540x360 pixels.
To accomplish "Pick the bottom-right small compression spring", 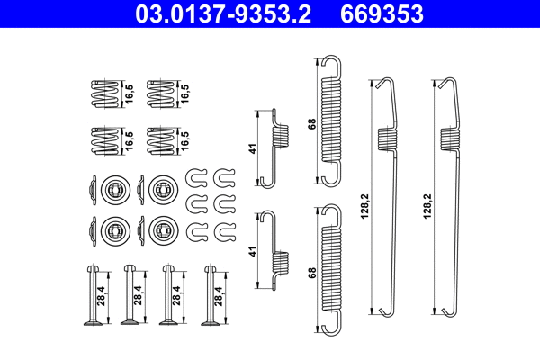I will pyautogui.click(x=159, y=142).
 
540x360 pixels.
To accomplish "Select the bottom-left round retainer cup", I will pyautogui.click(x=112, y=229).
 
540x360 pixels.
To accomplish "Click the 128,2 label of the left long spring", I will pyautogui.click(x=364, y=206).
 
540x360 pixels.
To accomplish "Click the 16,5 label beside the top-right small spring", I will pyautogui.click(x=185, y=93).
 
